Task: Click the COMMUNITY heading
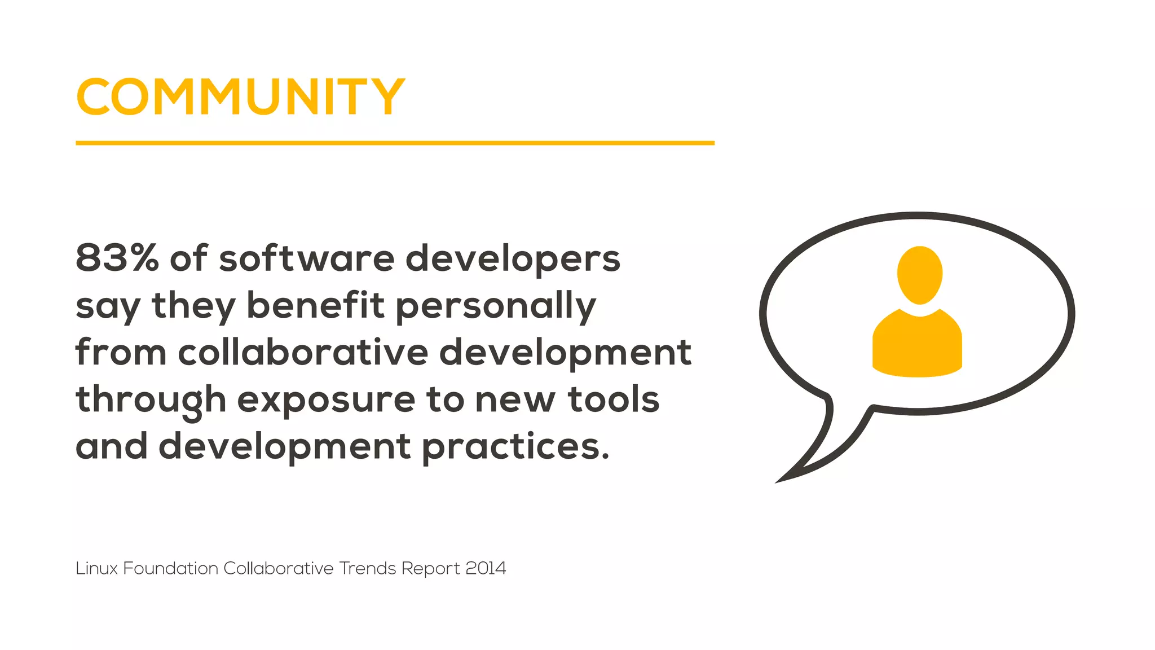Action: click(x=241, y=97)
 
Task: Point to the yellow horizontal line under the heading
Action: click(x=395, y=143)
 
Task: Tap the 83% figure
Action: click(x=117, y=258)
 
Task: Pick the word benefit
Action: click(x=315, y=305)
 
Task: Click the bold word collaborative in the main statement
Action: click(x=303, y=352)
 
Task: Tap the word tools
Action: click(x=614, y=399)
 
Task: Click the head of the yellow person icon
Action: click(x=919, y=274)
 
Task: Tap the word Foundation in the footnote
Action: click(x=170, y=568)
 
